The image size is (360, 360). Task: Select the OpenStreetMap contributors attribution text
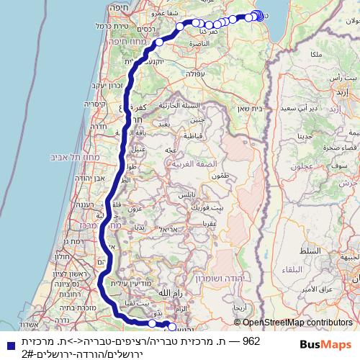(x=297, y=323)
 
